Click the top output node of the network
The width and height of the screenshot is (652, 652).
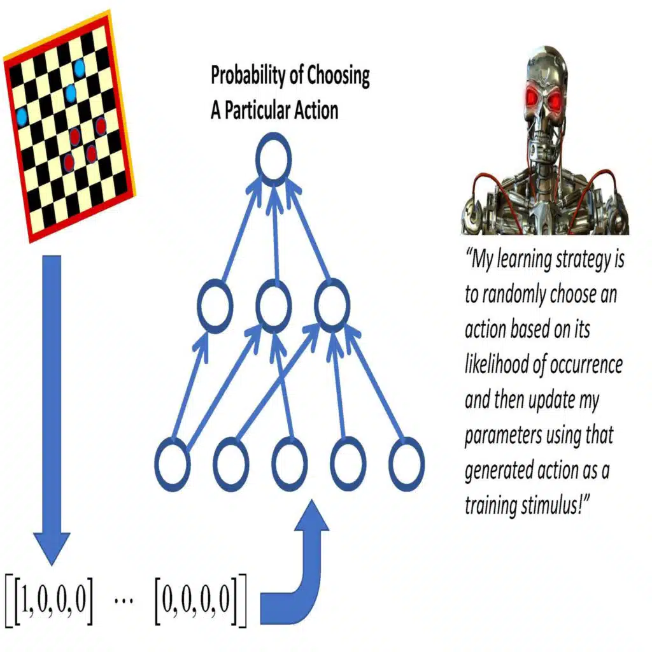pos(273,157)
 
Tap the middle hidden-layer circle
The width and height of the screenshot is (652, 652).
pos(274,305)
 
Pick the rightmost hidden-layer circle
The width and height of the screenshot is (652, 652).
pos(332,305)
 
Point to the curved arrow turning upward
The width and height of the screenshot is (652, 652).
pos(299,573)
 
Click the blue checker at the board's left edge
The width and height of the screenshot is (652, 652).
pos(22,117)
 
